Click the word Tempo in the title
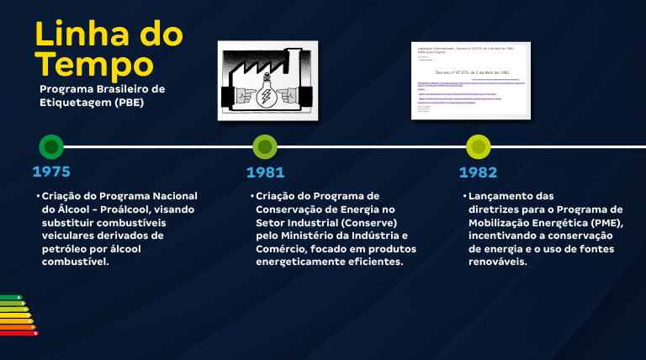93,64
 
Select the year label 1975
51,172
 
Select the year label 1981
265,172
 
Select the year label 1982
478,172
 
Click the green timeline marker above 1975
51,146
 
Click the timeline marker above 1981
265,146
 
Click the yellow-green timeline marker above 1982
478,146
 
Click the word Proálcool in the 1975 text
127,209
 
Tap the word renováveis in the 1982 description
497,262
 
